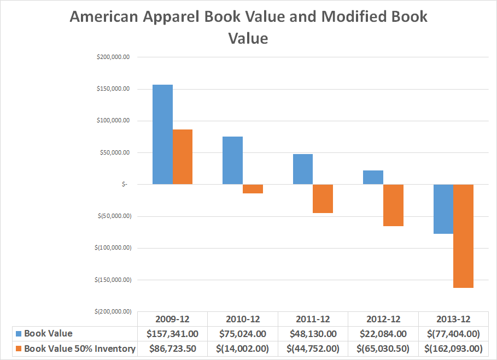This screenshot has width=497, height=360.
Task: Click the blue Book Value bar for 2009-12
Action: click(162, 134)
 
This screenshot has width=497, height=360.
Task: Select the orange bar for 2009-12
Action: click(183, 157)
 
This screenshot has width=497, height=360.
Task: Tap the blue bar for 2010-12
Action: click(232, 160)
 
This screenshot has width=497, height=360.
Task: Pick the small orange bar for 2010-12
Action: click(253, 189)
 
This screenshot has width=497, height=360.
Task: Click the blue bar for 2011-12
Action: click(303, 169)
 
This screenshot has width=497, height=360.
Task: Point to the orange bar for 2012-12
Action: click(393, 205)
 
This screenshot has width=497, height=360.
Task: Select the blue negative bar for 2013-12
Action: click(443, 209)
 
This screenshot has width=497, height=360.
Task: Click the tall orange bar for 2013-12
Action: click(464, 236)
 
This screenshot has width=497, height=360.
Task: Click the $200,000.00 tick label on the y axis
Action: click(113, 57)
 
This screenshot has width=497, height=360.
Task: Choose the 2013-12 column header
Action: click(453, 319)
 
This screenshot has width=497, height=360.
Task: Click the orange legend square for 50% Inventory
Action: click(18, 349)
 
